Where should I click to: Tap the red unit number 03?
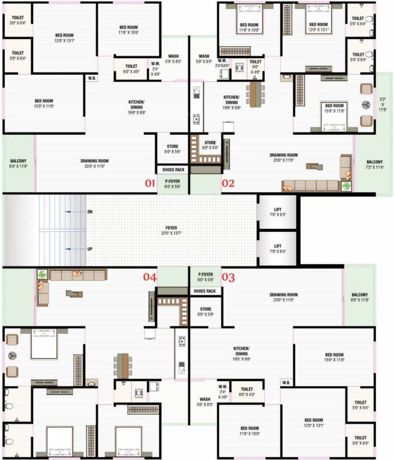[x=229, y=277]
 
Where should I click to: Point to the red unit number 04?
[x=149, y=277]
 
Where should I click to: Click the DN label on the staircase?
[x=90, y=212]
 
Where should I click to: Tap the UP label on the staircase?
[x=90, y=248]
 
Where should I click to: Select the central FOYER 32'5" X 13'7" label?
[x=171, y=231]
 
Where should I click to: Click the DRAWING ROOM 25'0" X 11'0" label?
[x=283, y=158]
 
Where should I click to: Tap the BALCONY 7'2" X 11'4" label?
[x=374, y=165]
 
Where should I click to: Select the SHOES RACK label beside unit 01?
[x=172, y=170]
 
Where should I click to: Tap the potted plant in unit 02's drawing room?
[x=347, y=186]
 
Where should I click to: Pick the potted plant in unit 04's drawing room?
[x=42, y=275]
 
